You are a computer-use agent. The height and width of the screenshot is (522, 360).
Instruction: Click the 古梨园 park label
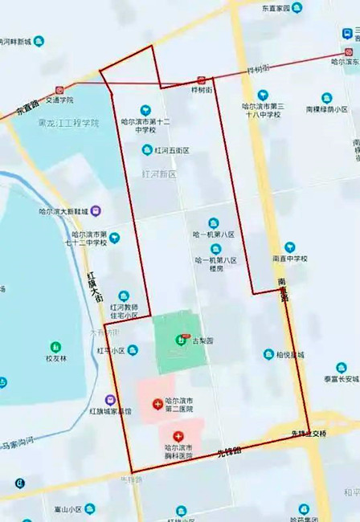click(202, 341)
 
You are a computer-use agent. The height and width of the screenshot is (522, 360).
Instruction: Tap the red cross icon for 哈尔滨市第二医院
click(157, 405)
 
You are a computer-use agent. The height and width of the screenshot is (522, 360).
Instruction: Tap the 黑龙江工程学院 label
click(68, 124)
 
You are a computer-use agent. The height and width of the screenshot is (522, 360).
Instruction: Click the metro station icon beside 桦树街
click(201, 80)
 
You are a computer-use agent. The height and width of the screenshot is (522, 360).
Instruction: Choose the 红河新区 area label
click(158, 174)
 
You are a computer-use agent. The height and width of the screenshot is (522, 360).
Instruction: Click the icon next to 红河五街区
click(145, 149)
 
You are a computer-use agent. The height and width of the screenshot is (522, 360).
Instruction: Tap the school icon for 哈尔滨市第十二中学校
click(145, 110)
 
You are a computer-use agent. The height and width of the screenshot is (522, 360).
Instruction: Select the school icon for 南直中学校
click(289, 247)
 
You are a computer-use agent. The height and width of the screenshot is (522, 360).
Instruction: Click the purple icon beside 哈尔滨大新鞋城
click(96, 211)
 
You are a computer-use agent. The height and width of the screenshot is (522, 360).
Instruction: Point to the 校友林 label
click(55, 357)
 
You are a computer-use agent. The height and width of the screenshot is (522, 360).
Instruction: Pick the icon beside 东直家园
click(297, 8)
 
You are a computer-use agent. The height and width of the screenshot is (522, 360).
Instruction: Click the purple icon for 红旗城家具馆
click(110, 399)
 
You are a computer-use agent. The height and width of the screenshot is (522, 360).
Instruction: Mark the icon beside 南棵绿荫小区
click(327, 98)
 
